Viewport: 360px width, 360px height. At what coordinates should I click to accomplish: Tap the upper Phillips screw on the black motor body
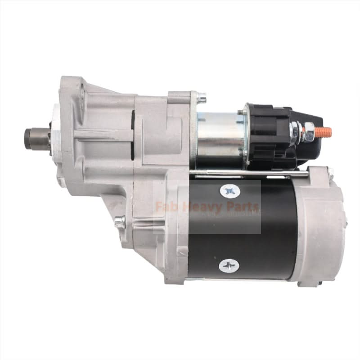point(230,192)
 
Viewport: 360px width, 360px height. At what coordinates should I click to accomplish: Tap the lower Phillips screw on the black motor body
point(229,265)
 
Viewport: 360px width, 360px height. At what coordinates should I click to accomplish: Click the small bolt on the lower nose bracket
point(120,222)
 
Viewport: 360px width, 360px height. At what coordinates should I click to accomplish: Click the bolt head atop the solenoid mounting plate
point(201,97)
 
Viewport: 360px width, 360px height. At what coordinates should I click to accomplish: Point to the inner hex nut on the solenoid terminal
point(295,132)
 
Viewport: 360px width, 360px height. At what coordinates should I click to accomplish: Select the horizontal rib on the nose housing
point(103,135)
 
